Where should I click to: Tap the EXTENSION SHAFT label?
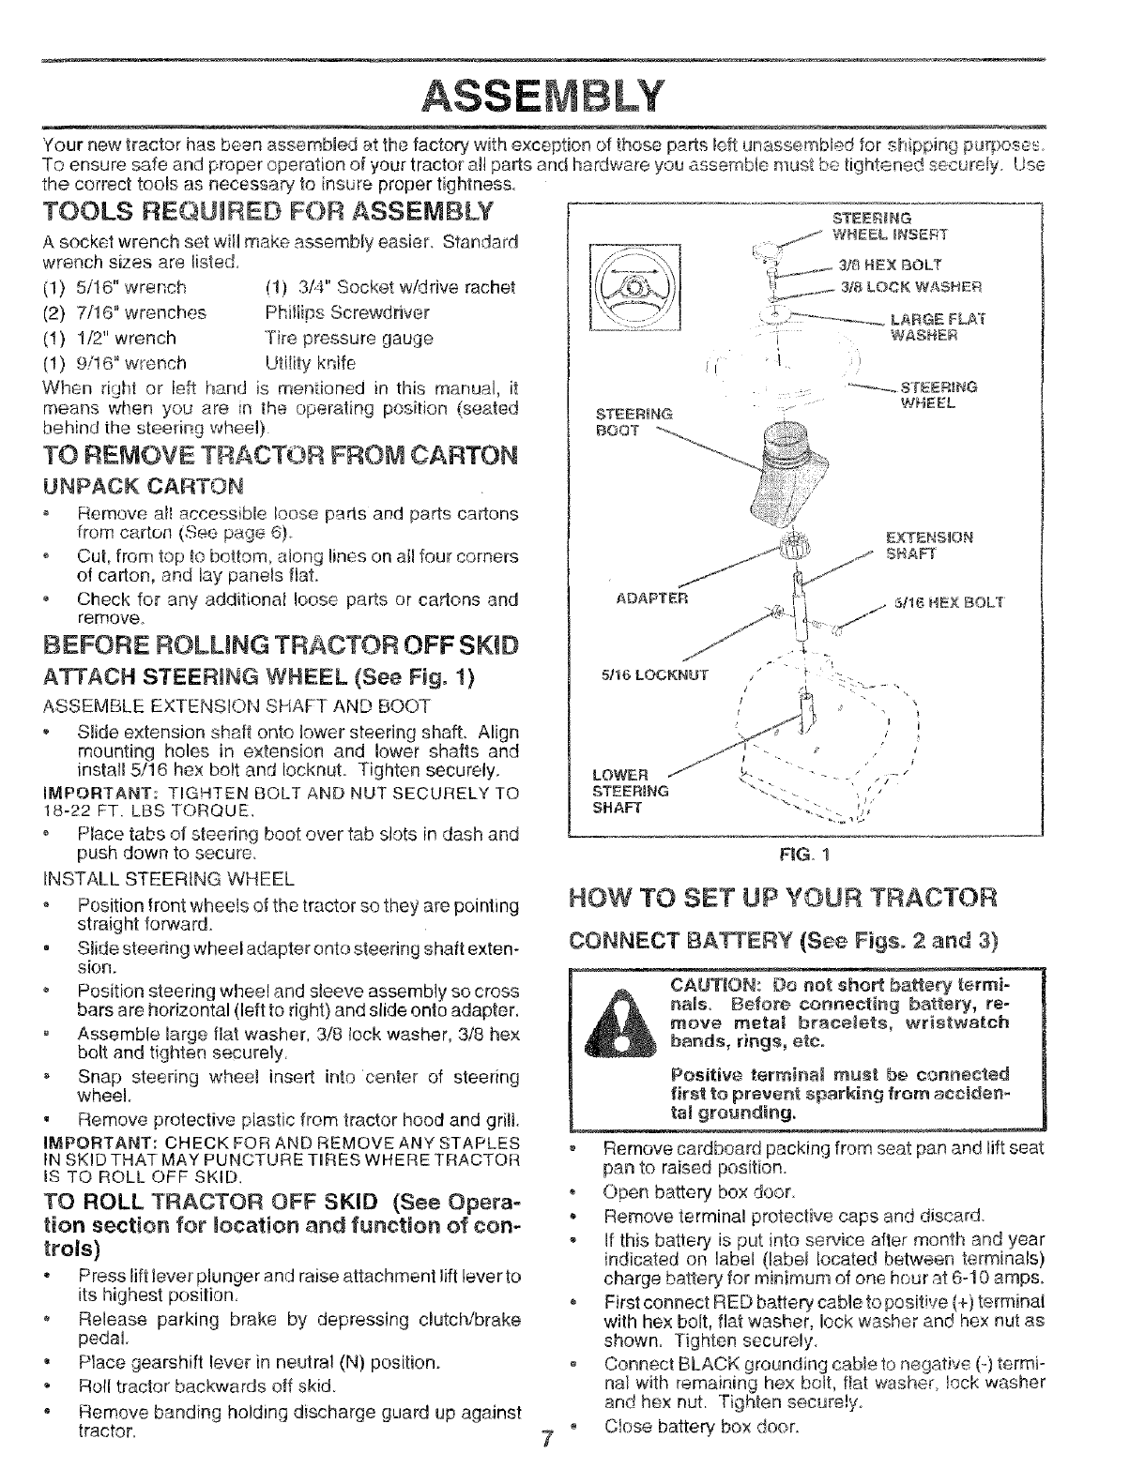coord(929,544)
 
